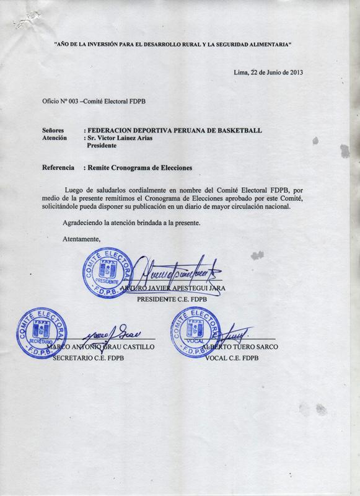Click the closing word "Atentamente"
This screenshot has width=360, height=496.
(81, 239)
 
